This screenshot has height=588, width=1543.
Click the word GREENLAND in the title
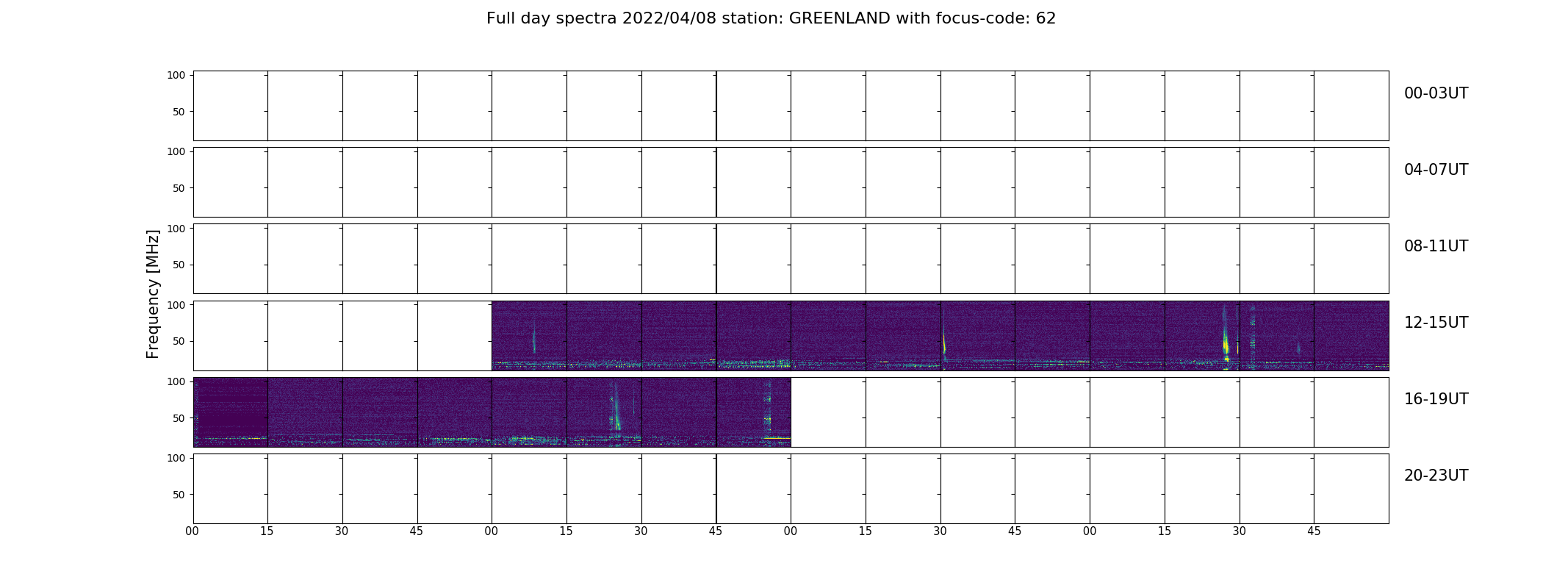point(840,18)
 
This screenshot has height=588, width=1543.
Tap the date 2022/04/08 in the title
point(669,18)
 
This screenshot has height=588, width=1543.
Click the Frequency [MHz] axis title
point(153,294)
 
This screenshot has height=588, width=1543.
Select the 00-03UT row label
point(1436,93)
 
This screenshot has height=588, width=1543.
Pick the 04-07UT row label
point(1436,170)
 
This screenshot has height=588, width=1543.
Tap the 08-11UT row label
point(1436,246)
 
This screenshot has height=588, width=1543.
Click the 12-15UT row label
point(1436,323)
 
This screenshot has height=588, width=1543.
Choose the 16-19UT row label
point(1436,399)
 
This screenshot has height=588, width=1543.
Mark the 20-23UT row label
point(1436,476)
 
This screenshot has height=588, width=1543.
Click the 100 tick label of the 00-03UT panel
point(176,75)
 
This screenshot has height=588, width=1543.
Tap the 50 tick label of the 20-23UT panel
point(179,495)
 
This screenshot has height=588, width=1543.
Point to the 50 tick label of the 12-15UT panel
point(179,341)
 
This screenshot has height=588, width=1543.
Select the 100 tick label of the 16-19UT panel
point(176,381)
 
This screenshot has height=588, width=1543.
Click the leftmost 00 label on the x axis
point(193,531)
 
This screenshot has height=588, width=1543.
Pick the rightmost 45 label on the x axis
point(1314,531)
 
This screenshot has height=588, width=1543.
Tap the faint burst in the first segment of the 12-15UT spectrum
point(534,340)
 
